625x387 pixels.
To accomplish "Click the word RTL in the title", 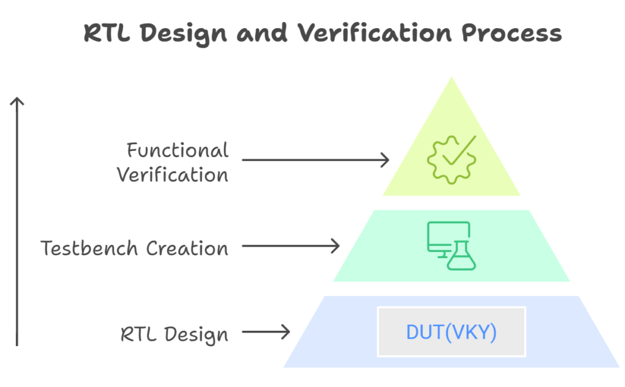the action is point(107,33).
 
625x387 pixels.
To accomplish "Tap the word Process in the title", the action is point(512,33).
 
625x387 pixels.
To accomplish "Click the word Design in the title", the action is point(183,34).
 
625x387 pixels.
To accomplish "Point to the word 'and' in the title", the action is point(262,33).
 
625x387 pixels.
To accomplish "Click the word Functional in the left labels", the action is point(178,150).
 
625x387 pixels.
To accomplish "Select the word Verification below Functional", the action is point(173,175).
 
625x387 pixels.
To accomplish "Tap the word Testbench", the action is point(89,248).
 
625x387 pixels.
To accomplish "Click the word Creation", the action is point(187,248).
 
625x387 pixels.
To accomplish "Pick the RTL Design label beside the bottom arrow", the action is point(175,334).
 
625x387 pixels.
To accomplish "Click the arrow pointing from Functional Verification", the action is point(316,160).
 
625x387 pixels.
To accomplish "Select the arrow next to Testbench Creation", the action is point(291,246).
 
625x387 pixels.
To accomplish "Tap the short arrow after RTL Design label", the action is point(266,331).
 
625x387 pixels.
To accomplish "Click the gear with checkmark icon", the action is point(452,159).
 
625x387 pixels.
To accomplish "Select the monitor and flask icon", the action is point(451,245).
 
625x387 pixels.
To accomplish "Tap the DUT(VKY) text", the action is point(451,332).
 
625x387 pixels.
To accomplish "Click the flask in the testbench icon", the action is point(461,256).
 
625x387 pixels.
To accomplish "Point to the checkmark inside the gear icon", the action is point(459,150).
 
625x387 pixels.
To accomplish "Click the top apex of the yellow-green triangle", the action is point(452,76).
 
